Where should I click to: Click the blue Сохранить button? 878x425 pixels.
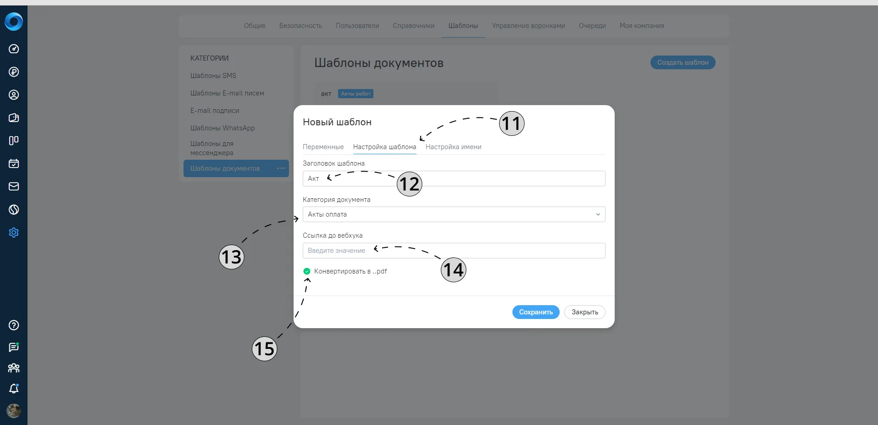[x=536, y=312]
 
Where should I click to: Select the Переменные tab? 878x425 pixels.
[x=323, y=147]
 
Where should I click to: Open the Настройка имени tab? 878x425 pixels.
[x=453, y=147]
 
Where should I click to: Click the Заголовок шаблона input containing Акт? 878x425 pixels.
[x=454, y=179]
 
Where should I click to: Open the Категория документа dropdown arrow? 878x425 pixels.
[x=598, y=214]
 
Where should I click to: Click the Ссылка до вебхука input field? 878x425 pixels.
[x=454, y=251]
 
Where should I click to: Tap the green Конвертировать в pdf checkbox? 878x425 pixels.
[x=307, y=271]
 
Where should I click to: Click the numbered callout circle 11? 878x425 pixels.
[x=511, y=123]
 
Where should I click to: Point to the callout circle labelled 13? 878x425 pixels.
[x=232, y=257]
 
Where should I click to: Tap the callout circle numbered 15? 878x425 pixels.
[x=265, y=348]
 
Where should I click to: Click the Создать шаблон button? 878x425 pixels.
[x=683, y=62]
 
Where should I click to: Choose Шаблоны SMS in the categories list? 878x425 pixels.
[x=213, y=76]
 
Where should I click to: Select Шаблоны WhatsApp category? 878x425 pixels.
[x=222, y=128]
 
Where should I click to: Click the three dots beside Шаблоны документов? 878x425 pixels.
[x=281, y=168]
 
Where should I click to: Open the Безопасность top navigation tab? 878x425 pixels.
[x=300, y=26]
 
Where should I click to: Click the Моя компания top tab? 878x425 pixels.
[x=642, y=26]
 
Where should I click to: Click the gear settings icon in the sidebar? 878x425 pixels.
[x=14, y=233]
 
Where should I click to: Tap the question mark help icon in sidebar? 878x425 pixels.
[x=14, y=325]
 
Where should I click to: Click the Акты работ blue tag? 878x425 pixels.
[x=356, y=94]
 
